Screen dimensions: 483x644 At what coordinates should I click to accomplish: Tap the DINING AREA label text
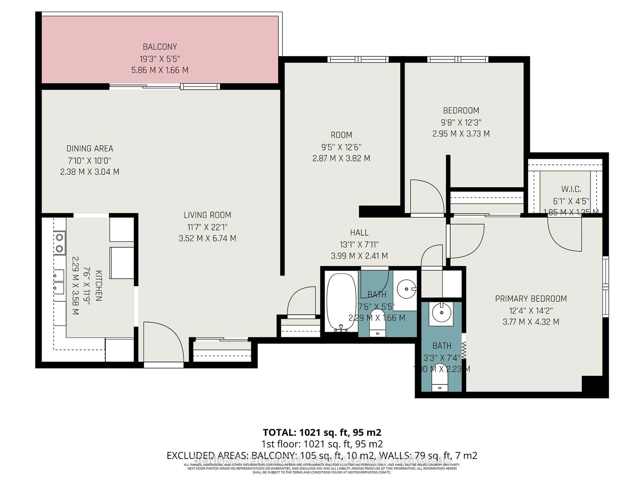[x=90, y=148]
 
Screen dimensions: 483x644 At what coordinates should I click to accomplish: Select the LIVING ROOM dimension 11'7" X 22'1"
[x=207, y=227]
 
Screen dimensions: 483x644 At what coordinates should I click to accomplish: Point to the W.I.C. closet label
[x=571, y=189]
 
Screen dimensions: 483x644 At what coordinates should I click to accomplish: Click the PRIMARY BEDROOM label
[x=531, y=299]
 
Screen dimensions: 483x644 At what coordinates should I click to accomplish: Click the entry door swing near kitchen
[x=163, y=342]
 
